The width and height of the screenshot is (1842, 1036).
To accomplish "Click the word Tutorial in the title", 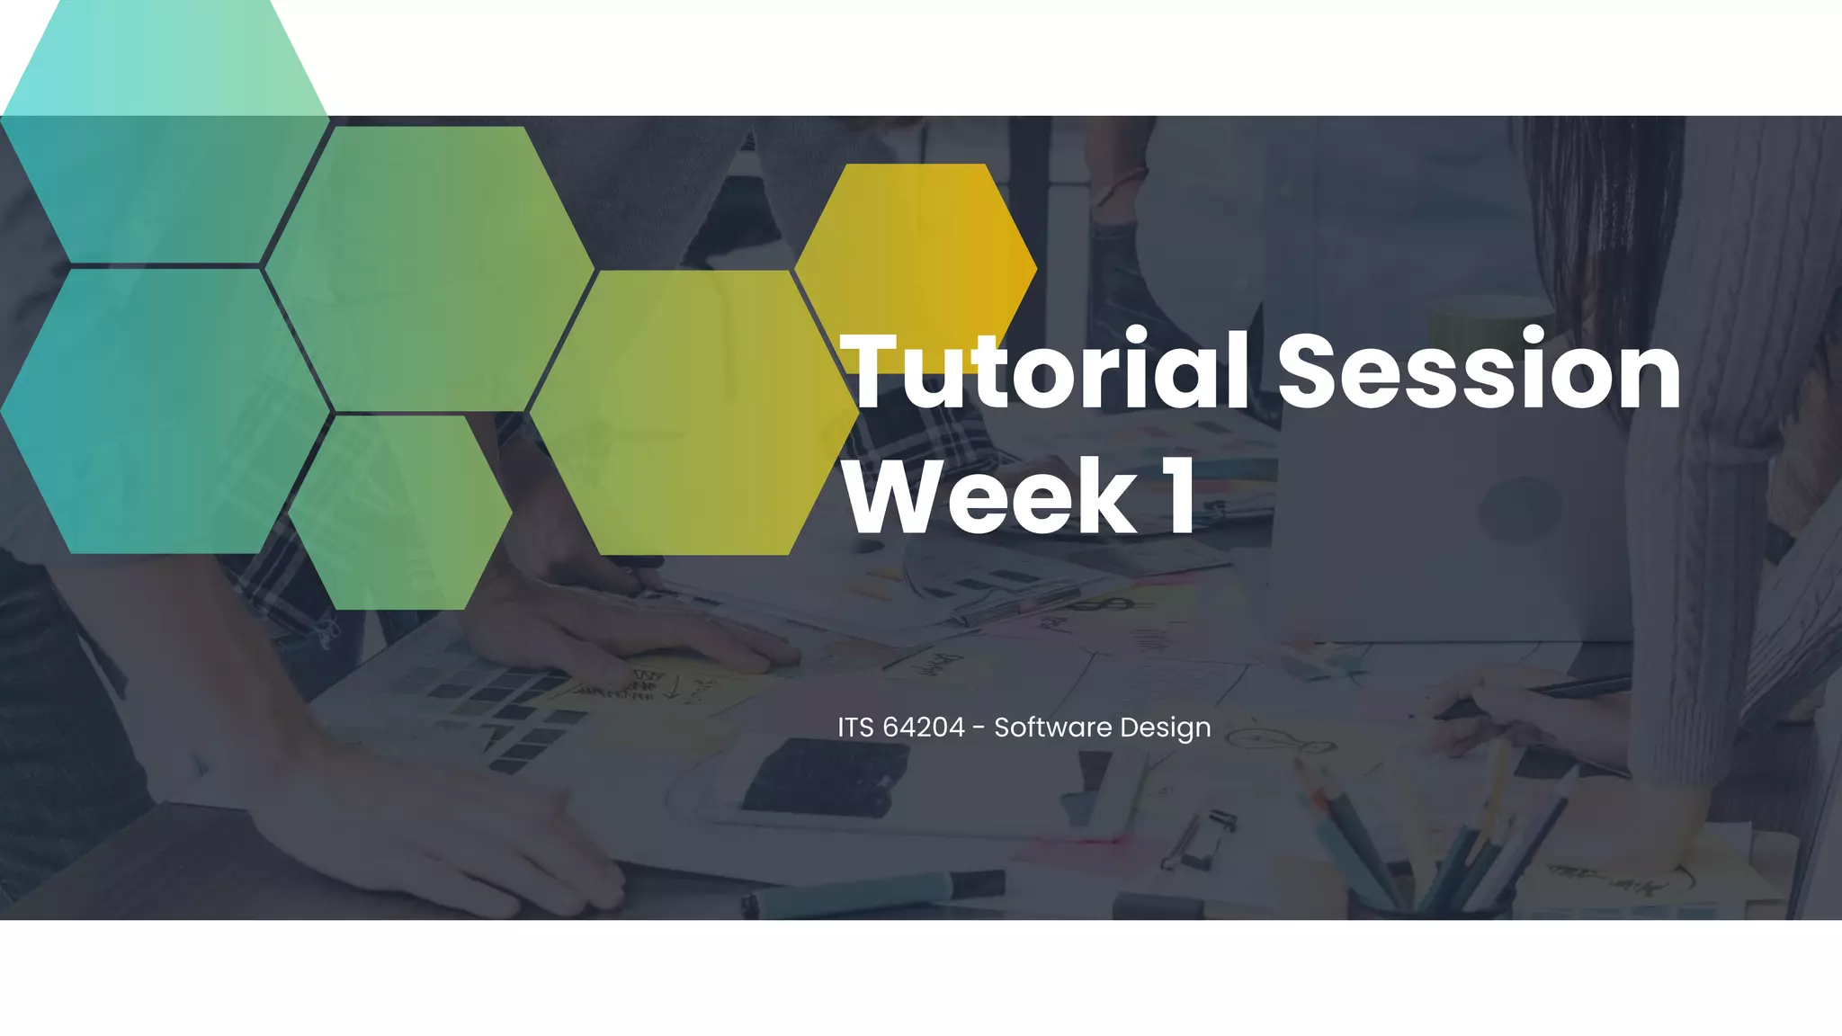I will tap(1043, 371).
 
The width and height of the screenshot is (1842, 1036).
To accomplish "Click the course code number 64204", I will tap(923, 727).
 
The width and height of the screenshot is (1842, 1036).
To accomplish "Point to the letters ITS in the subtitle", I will tap(855, 727).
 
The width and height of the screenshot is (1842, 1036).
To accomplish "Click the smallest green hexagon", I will tap(399, 513).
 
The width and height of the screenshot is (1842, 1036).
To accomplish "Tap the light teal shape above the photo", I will tap(165, 58).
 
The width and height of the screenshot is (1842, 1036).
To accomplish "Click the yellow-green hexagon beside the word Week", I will tap(693, 412).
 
